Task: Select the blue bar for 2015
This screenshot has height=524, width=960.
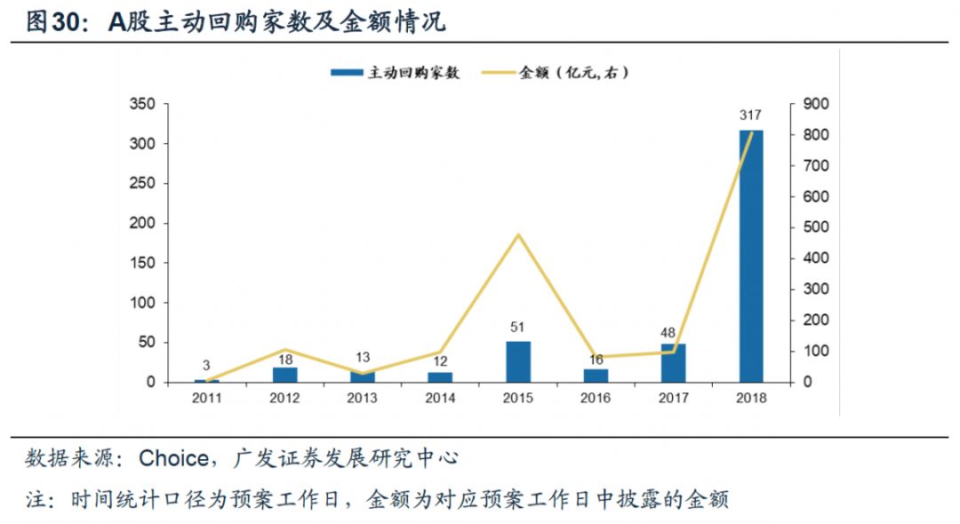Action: click(x=518, y=361)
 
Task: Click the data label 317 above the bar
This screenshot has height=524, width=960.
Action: click(x=751, y=115)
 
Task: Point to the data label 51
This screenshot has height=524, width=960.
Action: click(x=518, y=327)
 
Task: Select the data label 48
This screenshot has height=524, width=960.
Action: click(x=674, y=329)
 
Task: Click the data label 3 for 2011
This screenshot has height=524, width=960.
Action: click(x=206, y=365)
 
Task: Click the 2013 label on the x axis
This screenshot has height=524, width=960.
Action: click(x=362, y=399)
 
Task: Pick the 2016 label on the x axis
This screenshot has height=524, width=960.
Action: click(x=596, y=399)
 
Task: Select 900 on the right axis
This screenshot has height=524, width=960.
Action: click(x=815, y=105)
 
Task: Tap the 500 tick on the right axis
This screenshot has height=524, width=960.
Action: click(x=815, y=227)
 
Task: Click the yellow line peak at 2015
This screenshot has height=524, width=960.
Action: click(x=518, y=234)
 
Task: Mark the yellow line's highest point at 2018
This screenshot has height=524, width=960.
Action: click(x=752, y=133)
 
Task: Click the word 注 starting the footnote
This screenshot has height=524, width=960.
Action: click(x=36, y=500)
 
